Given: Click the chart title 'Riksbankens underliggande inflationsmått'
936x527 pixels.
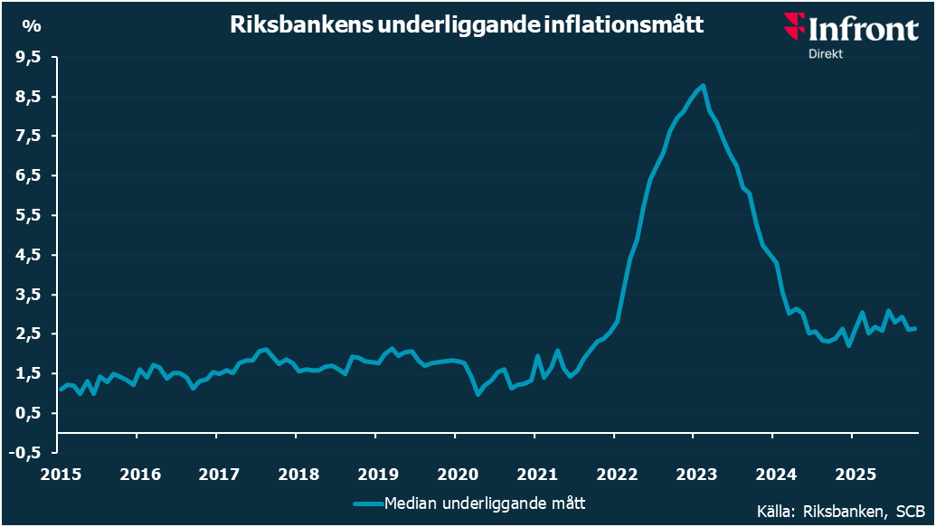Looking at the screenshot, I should pyautogui.click(x=467, y=26).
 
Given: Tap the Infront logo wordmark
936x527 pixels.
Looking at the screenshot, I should pyautogui.click(x=862, y=29).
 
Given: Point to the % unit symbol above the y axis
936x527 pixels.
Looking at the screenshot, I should pyautogui.click(x=32, y=25).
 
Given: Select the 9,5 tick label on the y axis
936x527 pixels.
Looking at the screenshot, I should pyautogui.click(x=29, y=57).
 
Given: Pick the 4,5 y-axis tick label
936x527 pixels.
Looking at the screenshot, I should pyautogui.click(x=29, y=255).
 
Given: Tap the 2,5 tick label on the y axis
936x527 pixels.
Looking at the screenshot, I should pyautogui.click(x=29, y=334).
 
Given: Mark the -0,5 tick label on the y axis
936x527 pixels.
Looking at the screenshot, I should pyautogui.click(x=27, y=453).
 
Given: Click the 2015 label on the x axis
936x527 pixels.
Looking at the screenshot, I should pyautogui.click(x=56, y=474).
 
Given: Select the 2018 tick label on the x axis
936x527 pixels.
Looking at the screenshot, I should pyautogui.click(x=295, y=474).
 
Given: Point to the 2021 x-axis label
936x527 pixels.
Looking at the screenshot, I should pyautogui.click(x=534, y=474).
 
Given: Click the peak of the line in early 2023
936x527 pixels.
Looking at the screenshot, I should pyautogui.click(x=704, y=85).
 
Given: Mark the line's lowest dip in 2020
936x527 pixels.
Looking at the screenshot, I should pyautogui.click(x=477, y=395).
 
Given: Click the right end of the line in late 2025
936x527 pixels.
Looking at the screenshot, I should pyautogui.click(x=915, y=328).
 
